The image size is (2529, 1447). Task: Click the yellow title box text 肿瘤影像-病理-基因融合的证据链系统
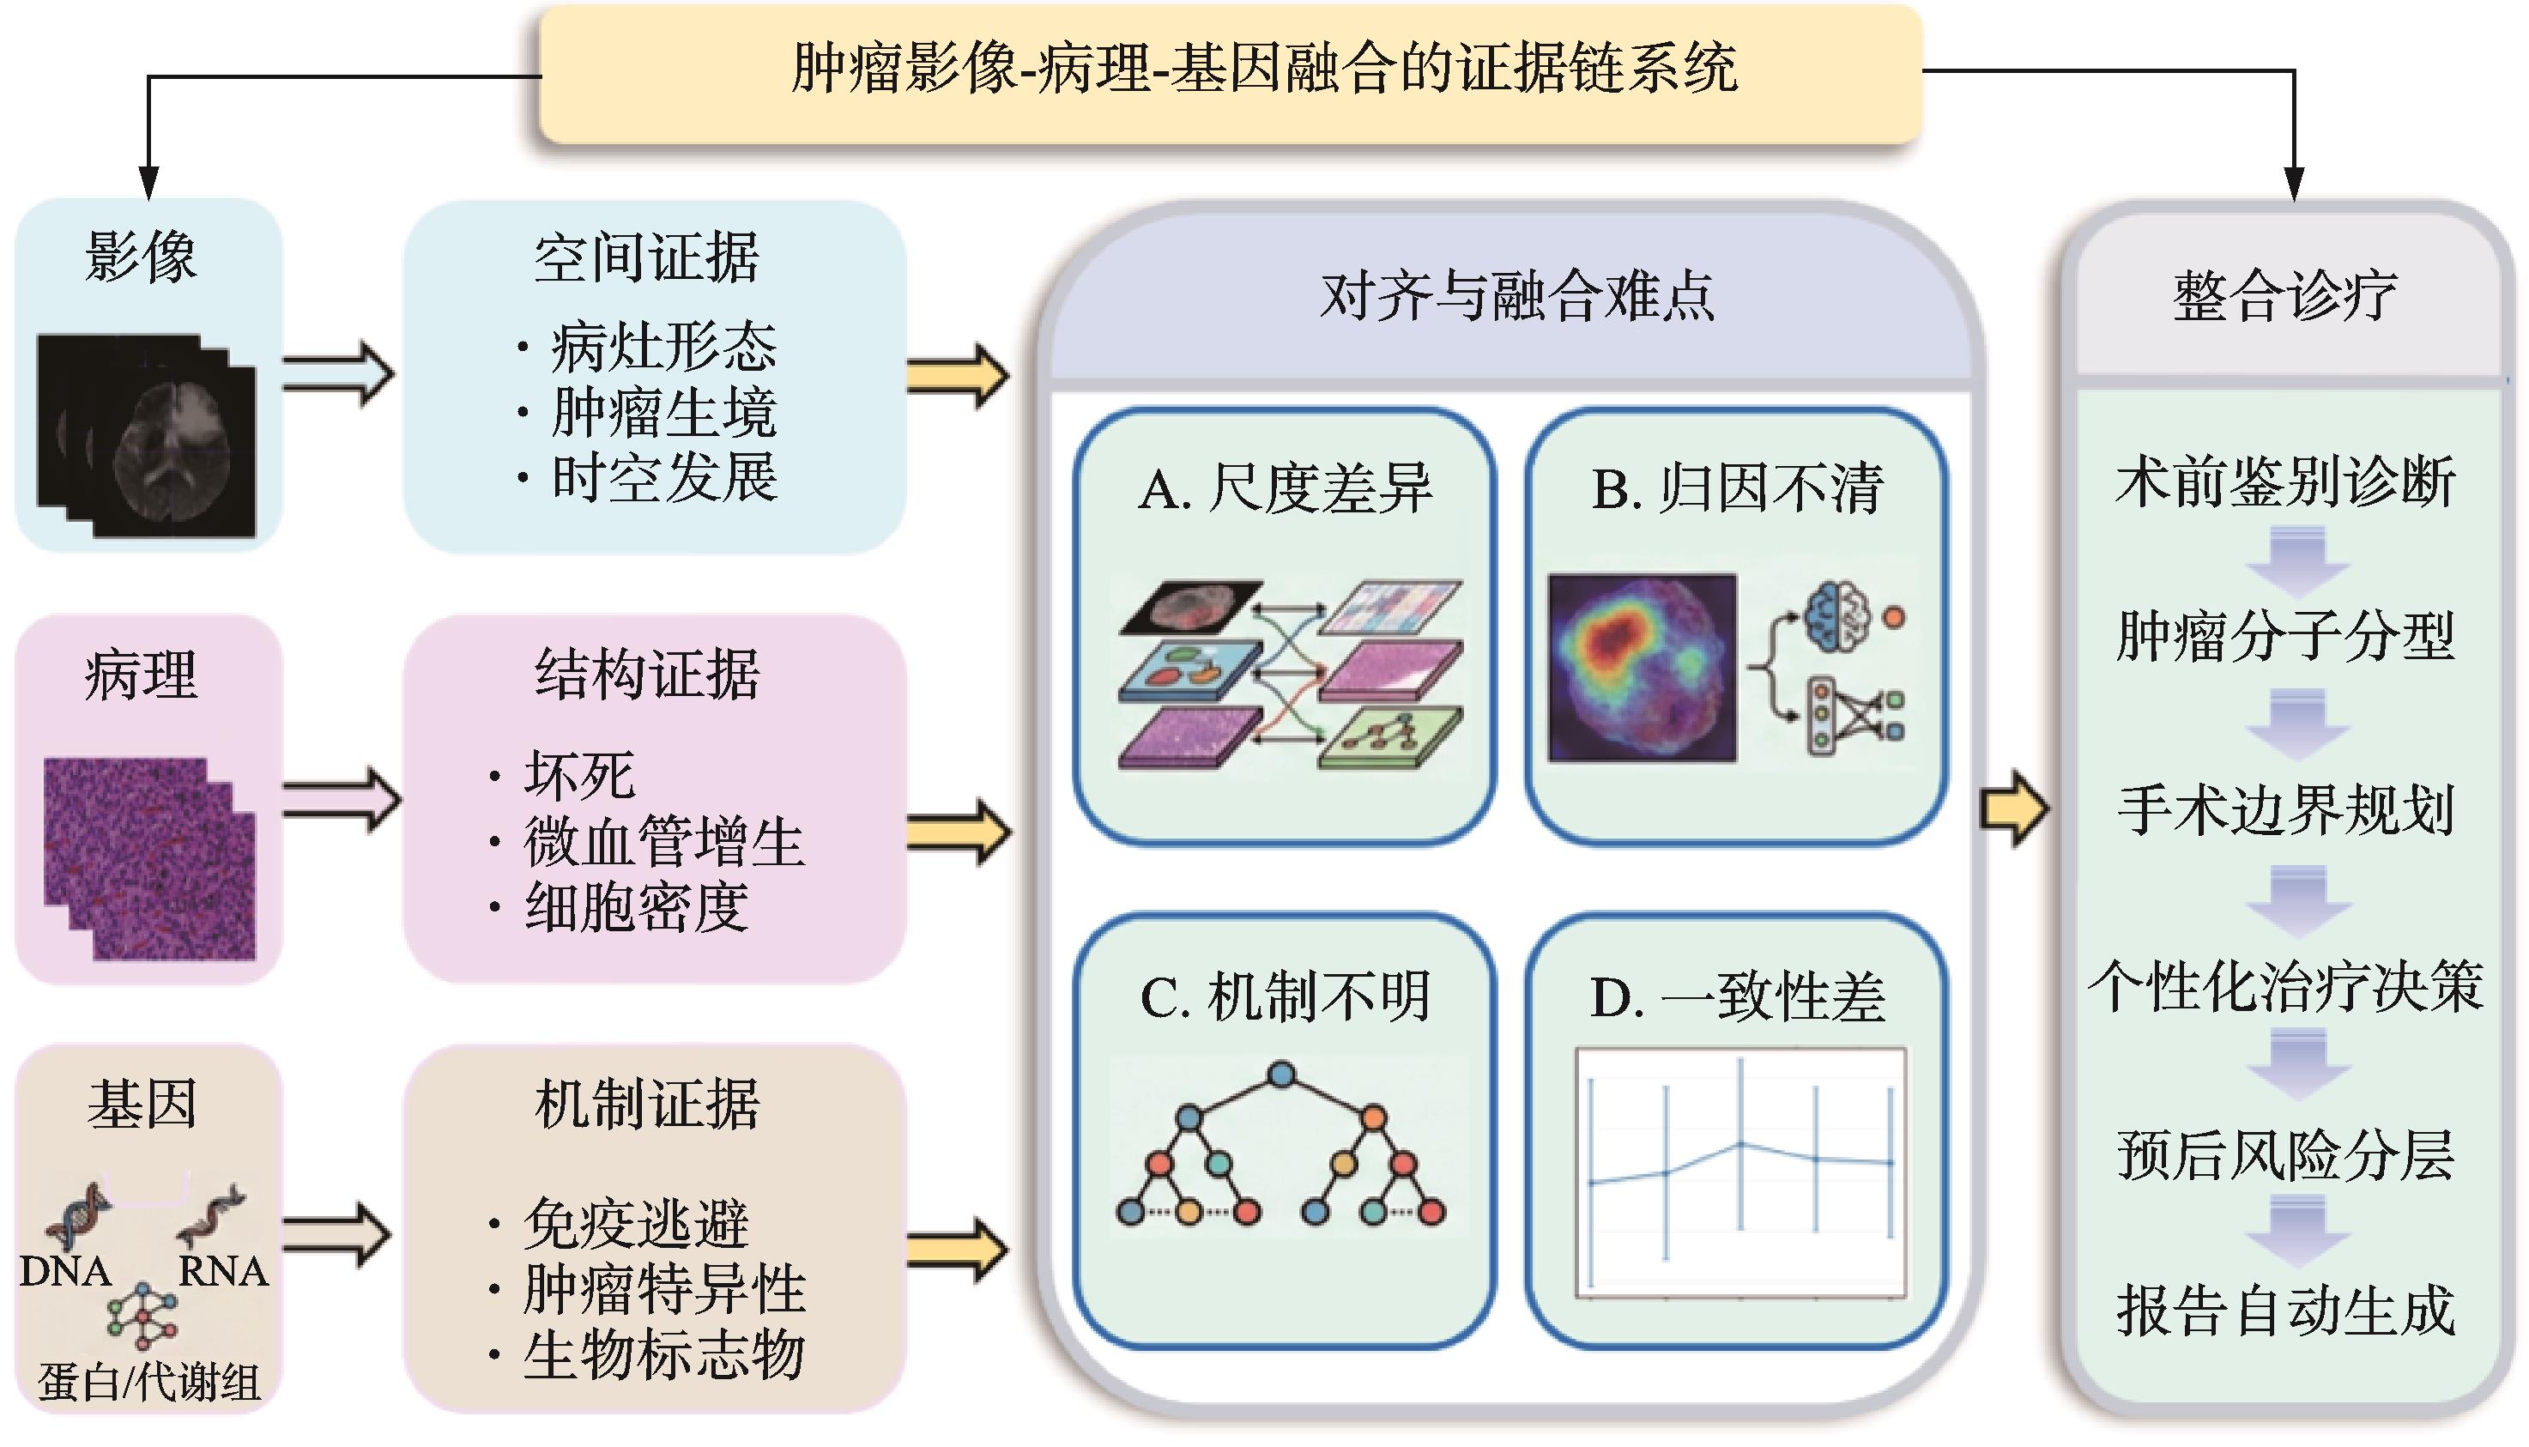[1264, 70]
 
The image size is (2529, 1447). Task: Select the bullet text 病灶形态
[663, 347]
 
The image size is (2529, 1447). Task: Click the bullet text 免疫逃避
[636, 1223]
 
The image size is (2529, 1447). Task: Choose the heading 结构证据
[647, 675]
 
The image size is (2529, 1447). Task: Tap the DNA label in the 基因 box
[65, 1271]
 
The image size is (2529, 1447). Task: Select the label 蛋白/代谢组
[149, 1382]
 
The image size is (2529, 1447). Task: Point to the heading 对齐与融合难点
[1516, 296]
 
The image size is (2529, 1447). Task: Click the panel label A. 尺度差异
[1285, 489]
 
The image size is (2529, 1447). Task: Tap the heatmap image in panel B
[1643, 668]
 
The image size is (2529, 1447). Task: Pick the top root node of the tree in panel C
[1282, 1075]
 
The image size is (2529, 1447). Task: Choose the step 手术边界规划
[2285, 810]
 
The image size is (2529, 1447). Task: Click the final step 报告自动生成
[2285, 1311]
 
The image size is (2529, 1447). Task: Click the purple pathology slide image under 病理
[149, 860]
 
